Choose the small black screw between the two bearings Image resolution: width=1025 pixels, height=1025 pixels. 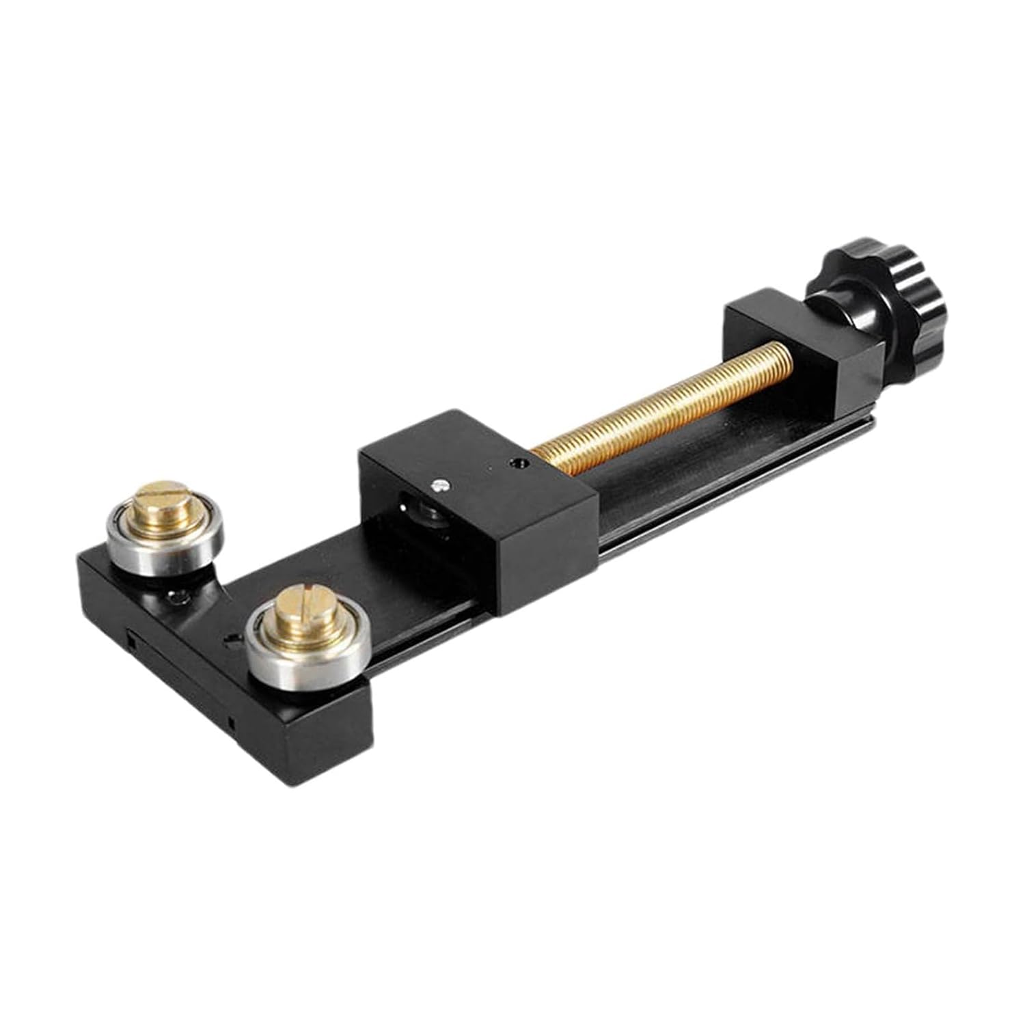tap(180, 596)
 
